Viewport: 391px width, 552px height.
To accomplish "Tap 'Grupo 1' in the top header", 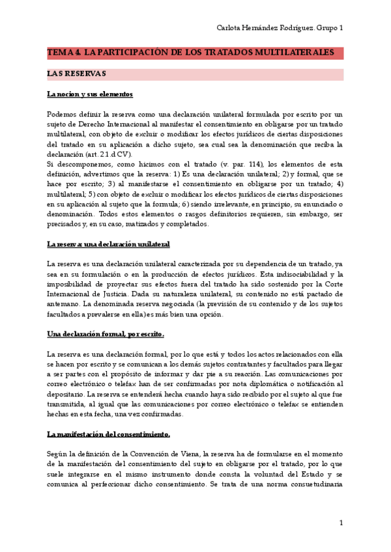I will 329,28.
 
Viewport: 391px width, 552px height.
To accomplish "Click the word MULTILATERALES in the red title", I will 295,53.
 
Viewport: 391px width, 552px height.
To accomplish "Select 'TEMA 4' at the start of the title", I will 61,53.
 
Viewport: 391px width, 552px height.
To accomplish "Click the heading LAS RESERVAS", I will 77,74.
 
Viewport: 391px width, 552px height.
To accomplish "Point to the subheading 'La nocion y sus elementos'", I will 90,94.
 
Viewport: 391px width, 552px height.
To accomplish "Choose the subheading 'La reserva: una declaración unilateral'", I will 108,244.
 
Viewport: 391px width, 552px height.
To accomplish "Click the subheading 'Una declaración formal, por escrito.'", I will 106,334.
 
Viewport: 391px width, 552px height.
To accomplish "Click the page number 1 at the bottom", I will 341,524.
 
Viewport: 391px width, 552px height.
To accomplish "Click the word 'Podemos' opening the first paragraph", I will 61,114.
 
